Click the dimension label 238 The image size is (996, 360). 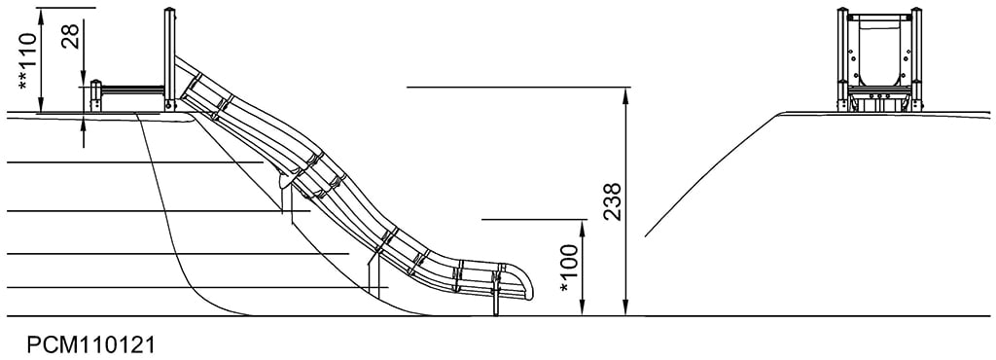click(612, 201)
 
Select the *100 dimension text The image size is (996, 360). click(569, 270)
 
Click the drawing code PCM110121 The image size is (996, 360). click(90, 344)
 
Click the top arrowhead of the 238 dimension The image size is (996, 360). click(625, 95)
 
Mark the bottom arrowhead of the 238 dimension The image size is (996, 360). click(625, 307)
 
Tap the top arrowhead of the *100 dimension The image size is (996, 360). click(583, 228)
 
